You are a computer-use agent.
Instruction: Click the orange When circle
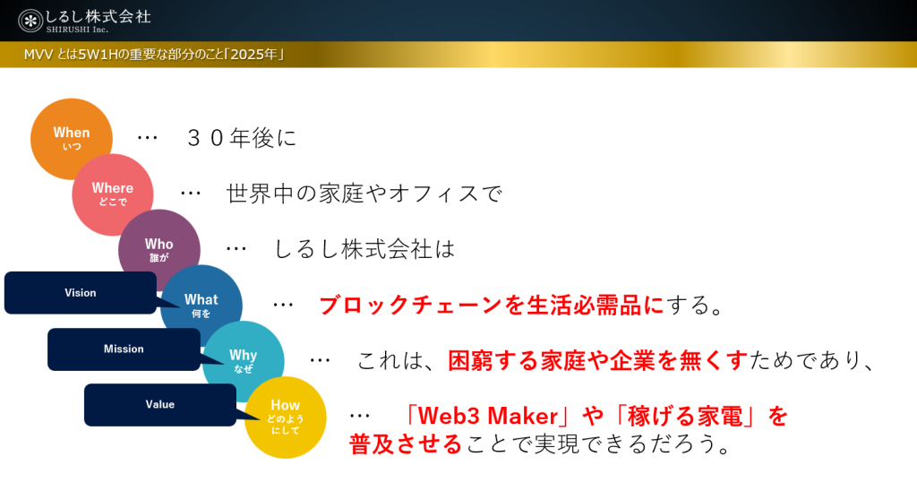[72, 139]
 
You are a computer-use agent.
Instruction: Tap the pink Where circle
[113, 194]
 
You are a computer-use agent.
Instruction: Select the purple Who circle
[159, 250]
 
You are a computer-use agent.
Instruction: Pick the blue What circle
[201, 306]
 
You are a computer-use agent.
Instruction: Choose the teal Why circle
[244, 361]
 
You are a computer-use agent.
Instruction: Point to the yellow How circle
[286, 418]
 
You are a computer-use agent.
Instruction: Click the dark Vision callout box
[81, 293]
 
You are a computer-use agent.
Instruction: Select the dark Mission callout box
[124, 349]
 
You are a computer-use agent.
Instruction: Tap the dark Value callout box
[160, 405]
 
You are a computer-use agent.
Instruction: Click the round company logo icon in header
[30, 22]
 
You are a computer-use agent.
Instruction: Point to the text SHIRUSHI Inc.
[77, 30]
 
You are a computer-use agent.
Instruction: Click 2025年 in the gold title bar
[253, 55]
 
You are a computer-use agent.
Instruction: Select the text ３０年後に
[242, 138]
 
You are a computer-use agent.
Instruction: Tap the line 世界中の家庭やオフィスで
[364, 194]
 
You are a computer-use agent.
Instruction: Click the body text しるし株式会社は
[364, 249]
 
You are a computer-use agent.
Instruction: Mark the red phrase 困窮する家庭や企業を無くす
[597, 360]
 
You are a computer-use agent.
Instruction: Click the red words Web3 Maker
[488, 416]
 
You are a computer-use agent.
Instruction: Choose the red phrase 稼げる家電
[685, 416]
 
